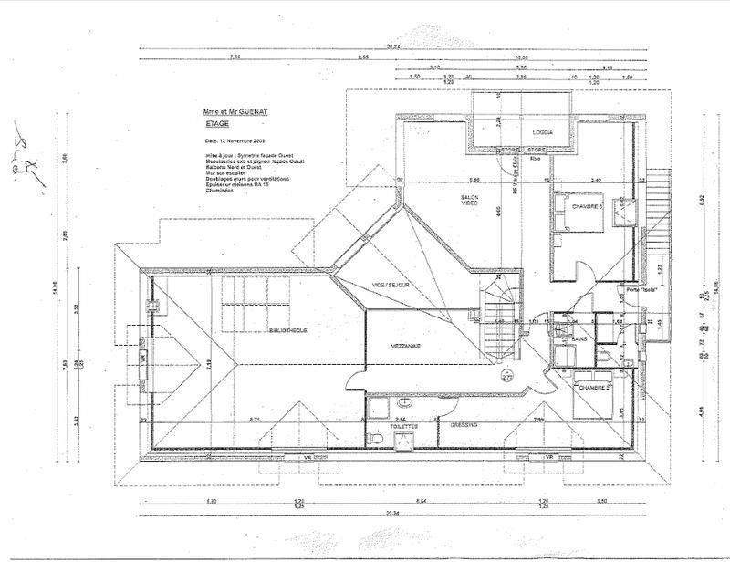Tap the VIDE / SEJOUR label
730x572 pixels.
(390, 286)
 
